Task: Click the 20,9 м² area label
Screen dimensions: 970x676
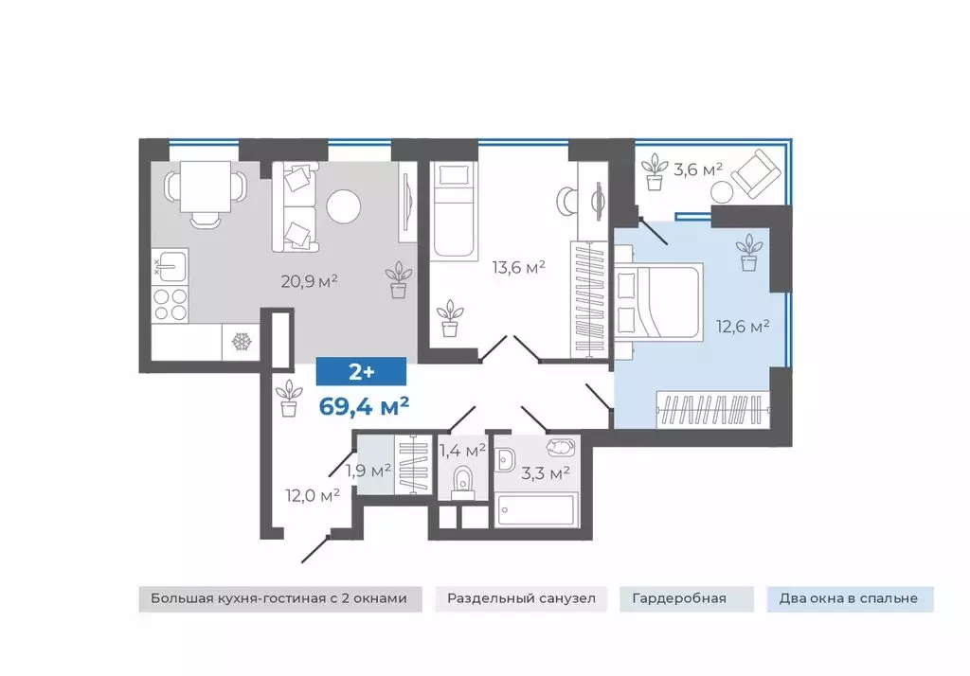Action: click(x=309, y=281)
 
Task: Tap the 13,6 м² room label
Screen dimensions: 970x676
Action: click(x=518, y=267)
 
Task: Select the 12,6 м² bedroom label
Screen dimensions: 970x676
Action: click(x=743, y=326)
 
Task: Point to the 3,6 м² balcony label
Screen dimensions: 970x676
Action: click(x=698, y=169)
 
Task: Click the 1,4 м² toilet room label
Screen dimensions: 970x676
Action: click(x=462, y=451)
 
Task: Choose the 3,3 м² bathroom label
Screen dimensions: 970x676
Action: click(x=545, y=473)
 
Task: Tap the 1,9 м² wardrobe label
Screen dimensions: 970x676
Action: click(x=368, y=471)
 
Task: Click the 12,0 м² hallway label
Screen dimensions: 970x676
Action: click(x=313, y=495)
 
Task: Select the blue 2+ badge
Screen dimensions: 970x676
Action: click(x=361, y=372)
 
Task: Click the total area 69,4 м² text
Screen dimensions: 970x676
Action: click(x=364, y=406)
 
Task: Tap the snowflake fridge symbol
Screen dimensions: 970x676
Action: click(x=241, y=342)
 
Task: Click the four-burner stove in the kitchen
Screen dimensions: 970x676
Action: click(x=171, y=304)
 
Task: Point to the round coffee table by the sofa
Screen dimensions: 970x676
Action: click(x=343, y=206)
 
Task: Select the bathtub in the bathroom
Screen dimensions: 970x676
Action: click(x=537, y=509)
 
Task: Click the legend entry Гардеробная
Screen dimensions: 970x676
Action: click(x=679, y=598)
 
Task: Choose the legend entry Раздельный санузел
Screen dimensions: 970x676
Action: click(x=522, y=598)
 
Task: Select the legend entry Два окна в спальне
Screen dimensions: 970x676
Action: click(x=849, y=598)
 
